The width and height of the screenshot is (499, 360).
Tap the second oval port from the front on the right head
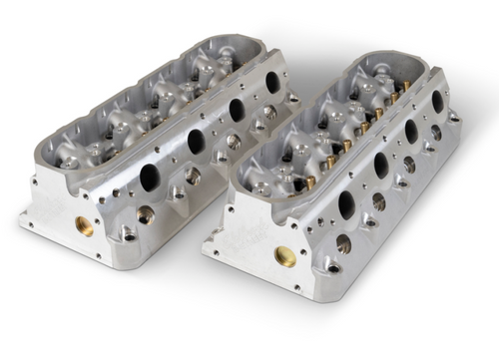click(x=380, y=166)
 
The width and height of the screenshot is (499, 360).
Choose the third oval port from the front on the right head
click(x=411, y=131)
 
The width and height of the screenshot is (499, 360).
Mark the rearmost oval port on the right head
click(x=437, y=102)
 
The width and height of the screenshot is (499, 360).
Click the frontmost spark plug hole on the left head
click(x=146, y=212)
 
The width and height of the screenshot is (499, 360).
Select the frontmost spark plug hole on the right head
click(x=344, y=242)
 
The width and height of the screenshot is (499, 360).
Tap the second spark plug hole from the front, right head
click(x=378, y=201)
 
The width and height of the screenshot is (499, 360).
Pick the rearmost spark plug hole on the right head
click(x=435, y=132)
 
